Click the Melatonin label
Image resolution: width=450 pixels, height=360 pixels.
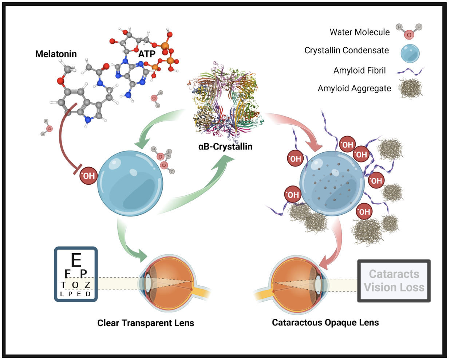click(x=56, y=54)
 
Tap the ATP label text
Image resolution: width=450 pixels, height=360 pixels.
click(x=147, y=54)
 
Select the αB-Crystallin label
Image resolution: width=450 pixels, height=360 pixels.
click(x=225, y=146)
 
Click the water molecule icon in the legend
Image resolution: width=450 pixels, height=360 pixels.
click(x=409, y=31)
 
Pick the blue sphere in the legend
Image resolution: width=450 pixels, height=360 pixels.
click(x=410, y=53)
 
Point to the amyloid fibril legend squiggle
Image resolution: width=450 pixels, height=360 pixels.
click(x=410, y=71)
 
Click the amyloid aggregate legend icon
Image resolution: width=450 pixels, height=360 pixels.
click(x=410, y=88)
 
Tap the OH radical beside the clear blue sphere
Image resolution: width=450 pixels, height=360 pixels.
click(x=88, y=176)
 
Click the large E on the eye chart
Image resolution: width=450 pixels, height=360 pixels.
click(x=76, y=260)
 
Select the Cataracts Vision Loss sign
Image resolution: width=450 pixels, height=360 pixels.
click(x=394, y=281)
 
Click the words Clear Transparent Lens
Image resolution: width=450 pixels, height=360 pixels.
click(x=146, y=323)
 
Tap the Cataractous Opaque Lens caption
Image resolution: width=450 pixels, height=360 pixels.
click(x=325, y=322)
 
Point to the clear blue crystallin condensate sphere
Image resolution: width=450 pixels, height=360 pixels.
click(x=130, y=183)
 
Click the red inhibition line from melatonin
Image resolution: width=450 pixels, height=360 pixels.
click(x=62, y=138)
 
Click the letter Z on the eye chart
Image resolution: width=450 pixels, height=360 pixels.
click(x=87, y=285)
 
